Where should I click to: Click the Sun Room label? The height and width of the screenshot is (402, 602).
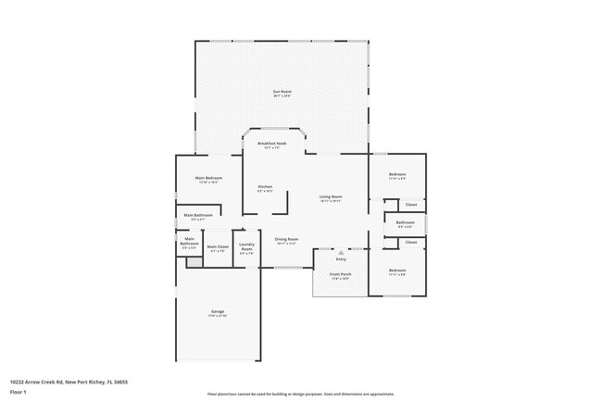(282, 91)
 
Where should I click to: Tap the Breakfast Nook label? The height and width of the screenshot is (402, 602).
(271, 144)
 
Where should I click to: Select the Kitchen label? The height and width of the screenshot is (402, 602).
(265, 187)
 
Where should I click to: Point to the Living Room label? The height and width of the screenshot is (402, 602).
(331, 196)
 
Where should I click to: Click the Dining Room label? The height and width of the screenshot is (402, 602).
(286, 239)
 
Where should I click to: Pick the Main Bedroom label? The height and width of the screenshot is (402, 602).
(207, 178)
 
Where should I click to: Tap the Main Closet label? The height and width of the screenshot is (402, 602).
(218, 246)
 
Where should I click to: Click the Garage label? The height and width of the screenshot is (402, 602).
(217, 311)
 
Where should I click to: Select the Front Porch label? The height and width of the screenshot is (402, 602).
(340, 274)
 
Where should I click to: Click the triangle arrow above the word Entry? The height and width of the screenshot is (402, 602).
(341, 252)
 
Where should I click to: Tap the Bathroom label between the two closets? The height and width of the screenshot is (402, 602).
(405, 222)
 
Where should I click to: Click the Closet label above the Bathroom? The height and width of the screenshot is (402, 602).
(410, 204)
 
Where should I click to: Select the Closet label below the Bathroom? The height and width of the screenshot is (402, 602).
(410, 242)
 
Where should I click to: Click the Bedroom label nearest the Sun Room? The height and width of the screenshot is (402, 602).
(397, 174)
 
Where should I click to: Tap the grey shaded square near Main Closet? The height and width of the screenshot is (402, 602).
(194, 263)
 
